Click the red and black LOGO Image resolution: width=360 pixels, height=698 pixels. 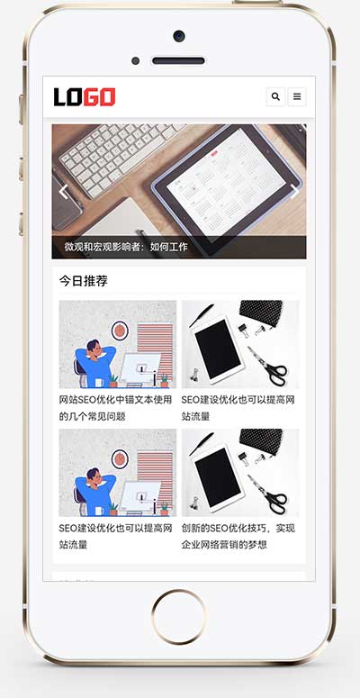click(x=84, y=96)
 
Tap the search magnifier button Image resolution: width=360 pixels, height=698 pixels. click(x=275, y=96)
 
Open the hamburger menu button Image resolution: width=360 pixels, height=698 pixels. click(x=296, y=96)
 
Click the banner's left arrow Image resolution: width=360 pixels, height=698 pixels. click(x=63, y=191)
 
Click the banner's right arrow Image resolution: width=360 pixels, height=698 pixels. click(x=294, y=191)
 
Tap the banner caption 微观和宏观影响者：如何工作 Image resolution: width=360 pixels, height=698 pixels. click(x=126, y=247)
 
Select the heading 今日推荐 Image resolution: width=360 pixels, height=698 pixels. click(x=84, y=281)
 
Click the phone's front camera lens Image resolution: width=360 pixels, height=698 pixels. click(x=178, y=36)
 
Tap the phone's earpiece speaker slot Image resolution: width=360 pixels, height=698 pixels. click(x=178, y=61)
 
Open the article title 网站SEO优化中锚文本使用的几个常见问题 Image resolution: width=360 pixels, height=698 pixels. click(x=114, y=408)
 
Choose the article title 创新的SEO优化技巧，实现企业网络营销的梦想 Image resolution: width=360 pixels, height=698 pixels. click(x=238, y=536)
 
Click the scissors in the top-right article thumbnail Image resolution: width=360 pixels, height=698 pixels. click(x=267, y=370)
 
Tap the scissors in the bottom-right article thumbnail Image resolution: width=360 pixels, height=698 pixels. click(x=267, y=499)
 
